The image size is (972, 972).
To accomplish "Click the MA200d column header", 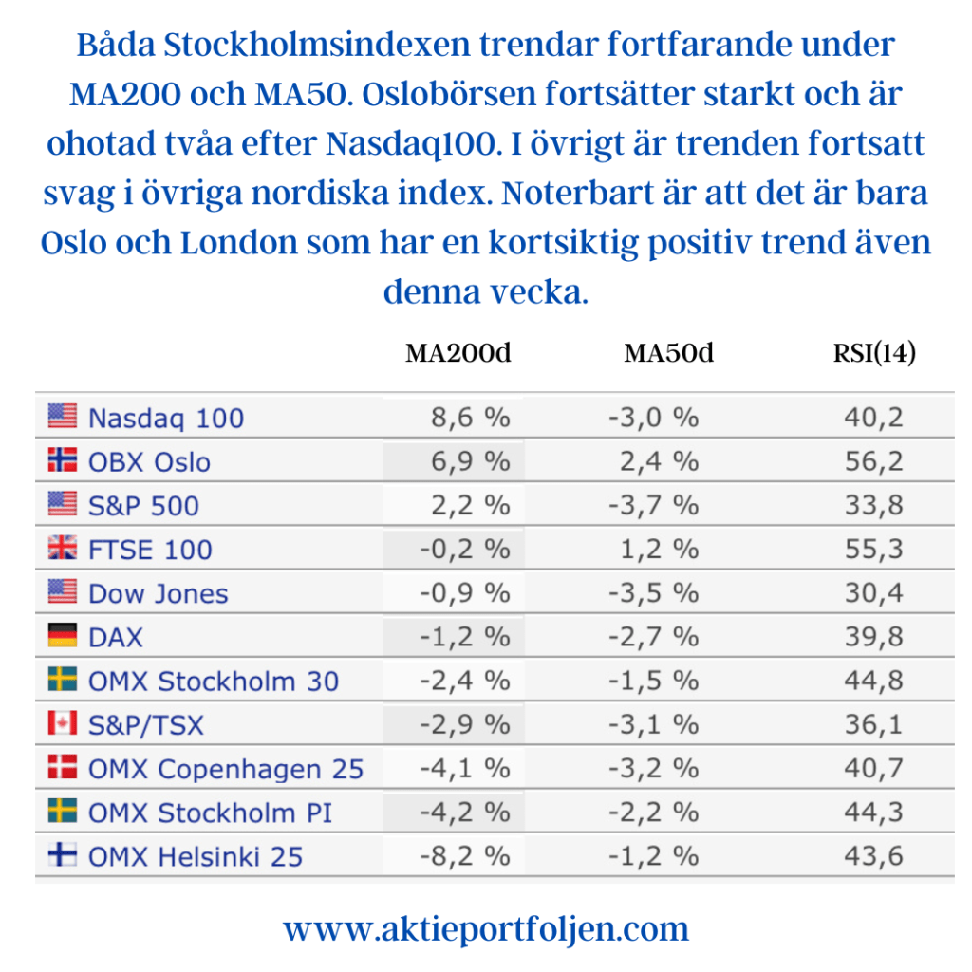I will [458, 353].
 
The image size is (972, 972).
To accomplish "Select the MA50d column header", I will [668, 353].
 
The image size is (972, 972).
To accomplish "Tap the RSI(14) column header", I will [873, 353].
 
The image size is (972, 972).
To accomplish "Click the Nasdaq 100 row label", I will [165, 418].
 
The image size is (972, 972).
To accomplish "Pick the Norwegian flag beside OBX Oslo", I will [62, 461].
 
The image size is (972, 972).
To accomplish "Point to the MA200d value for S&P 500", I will [471, 505].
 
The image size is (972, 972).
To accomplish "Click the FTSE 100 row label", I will [150, 550].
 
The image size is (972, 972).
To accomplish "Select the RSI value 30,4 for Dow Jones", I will [874, 593].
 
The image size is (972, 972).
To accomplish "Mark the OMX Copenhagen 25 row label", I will [226, 769].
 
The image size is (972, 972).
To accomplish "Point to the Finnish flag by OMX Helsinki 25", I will [62, 856].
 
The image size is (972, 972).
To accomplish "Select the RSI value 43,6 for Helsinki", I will [874, 856].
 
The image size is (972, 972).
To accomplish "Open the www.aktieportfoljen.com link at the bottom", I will [486, 927].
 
